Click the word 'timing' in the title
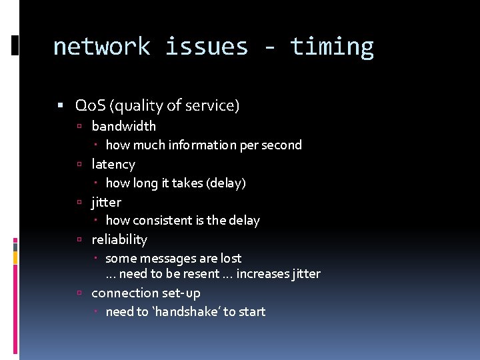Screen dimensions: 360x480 click(x=331, y=47)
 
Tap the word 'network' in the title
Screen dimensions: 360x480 click(x=101, y=47)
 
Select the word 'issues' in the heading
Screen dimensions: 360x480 click(x=206, y=47)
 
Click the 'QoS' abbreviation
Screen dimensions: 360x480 click(x=90, y=105)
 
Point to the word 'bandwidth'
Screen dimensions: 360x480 click(x=123, y=126)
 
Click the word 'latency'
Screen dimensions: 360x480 click(x=113, y=164)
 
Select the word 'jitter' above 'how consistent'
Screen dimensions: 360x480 click(x=106, y=201)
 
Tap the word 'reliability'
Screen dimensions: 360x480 click(x=119, y=239)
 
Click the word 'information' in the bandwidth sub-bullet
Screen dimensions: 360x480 click(x=199, y=145)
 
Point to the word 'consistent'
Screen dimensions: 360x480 click(x=159, y=220)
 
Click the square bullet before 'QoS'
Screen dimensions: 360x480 click(x=61, y=105)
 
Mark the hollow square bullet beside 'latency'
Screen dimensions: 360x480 click(x=79, y=164)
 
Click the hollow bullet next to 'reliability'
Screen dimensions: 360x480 click(x=79, y=239)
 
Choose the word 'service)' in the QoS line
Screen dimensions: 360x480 click(x=215, y=105)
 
